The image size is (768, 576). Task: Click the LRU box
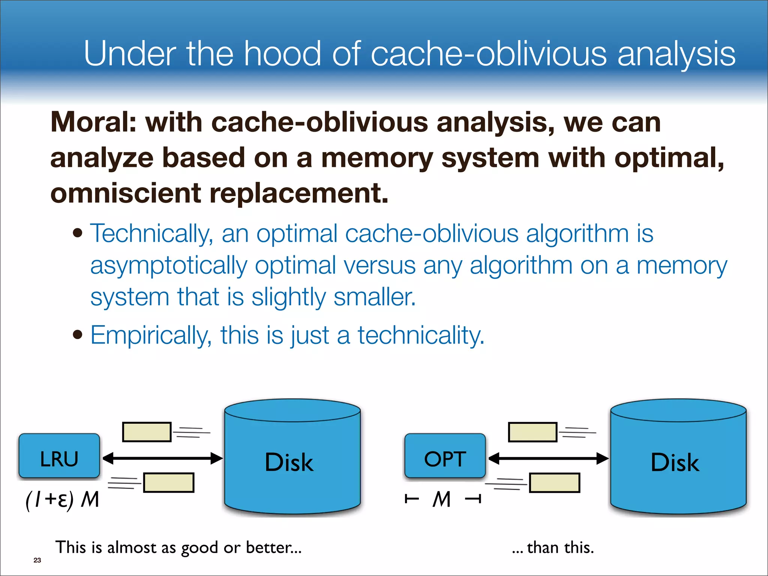[59, 456]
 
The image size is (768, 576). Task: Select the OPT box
[445, 456]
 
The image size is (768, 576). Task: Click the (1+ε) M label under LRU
[62, 499]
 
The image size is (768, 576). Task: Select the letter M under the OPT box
[442, 499]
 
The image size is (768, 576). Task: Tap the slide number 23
[37, 560]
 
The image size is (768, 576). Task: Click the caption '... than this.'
[553, 548]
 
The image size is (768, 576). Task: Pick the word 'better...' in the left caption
[274, 547]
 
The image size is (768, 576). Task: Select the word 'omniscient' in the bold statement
[125, 193]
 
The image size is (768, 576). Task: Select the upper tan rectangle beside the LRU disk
[147, 432]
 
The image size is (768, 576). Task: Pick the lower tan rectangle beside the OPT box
[555, 483]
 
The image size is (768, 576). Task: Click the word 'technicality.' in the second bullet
[421, 335]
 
